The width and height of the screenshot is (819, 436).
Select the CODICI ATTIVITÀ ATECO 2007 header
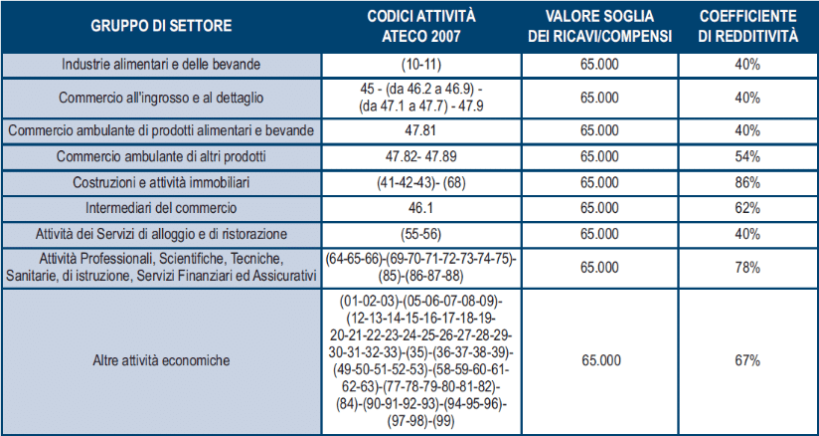click(421, 26)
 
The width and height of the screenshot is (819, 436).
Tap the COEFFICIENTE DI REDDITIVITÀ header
click(747, 26)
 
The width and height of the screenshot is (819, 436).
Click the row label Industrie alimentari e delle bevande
click(161, 65)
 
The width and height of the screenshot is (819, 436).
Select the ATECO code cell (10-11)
click(421, 65)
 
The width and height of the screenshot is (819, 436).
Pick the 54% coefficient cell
click(747, 157)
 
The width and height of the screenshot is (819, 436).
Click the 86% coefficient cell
click(747, 184)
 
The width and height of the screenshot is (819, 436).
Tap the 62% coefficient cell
click(747, 209)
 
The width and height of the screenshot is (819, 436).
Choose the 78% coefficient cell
click(747, 268)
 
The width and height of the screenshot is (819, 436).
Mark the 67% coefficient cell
click(747, 359)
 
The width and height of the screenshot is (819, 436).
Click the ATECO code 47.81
click(421, 131)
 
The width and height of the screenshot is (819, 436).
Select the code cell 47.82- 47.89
click(421, 157)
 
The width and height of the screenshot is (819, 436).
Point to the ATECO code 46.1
click(421, 209)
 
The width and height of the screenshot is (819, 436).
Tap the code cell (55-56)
click(421, 234)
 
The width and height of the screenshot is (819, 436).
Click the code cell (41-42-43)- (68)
click(421, 184)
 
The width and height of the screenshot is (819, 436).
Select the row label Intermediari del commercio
click(161, 209)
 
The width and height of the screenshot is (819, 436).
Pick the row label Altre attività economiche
click(161, 359)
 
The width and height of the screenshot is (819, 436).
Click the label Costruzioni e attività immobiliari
click(161, 184)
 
